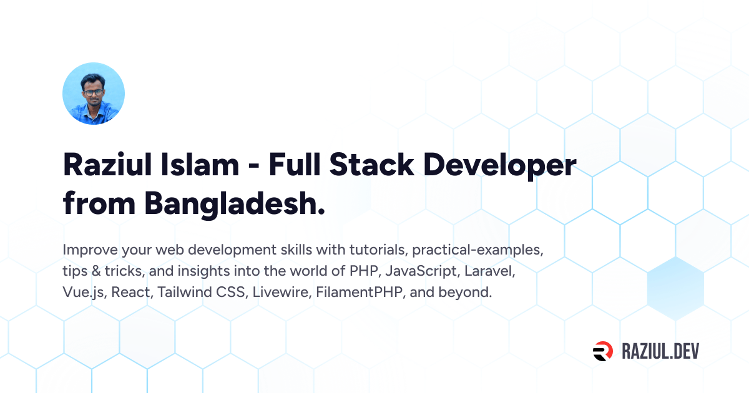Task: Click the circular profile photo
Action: pyautogui.click(x=94, y=94)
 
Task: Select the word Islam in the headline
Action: pyautogui.click(x=200, y=165)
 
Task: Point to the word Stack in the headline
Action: pyautogui.click(x=372, y=165)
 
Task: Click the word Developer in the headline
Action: pyautogui.click(x=500, y=166)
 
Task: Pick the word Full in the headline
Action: pyautogui.click(x=295, y=165)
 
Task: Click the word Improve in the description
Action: pyautogui.click(x=90, y=250)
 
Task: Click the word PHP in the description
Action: pyautogui.click(x=365, y=271)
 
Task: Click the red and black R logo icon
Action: pyautogui.click(x=603, y=351)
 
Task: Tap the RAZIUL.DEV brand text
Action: pyautogui.click(x=660, y=352)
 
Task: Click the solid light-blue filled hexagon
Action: pyautogui.click(x=676, y=288)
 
